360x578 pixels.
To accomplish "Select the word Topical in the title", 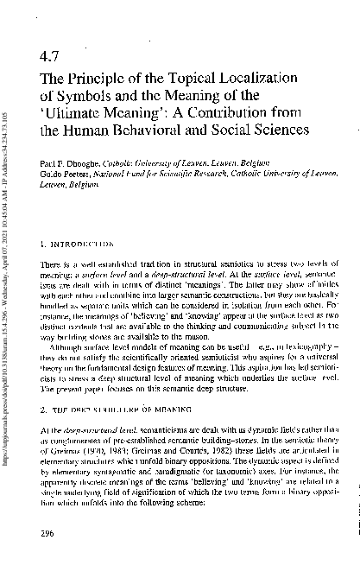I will click(199, 79).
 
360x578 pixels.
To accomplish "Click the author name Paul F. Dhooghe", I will click(69, 163).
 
